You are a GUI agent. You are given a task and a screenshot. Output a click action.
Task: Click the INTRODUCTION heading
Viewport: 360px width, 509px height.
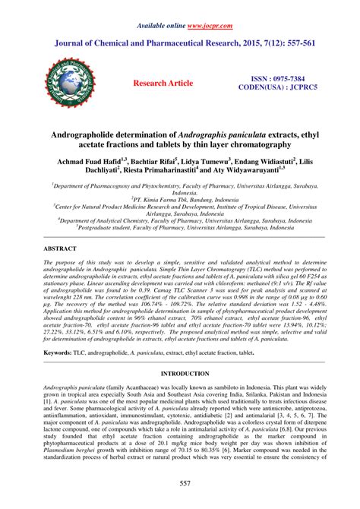[180, 375]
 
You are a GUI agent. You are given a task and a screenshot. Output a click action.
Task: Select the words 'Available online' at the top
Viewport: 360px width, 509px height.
[163, 26]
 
